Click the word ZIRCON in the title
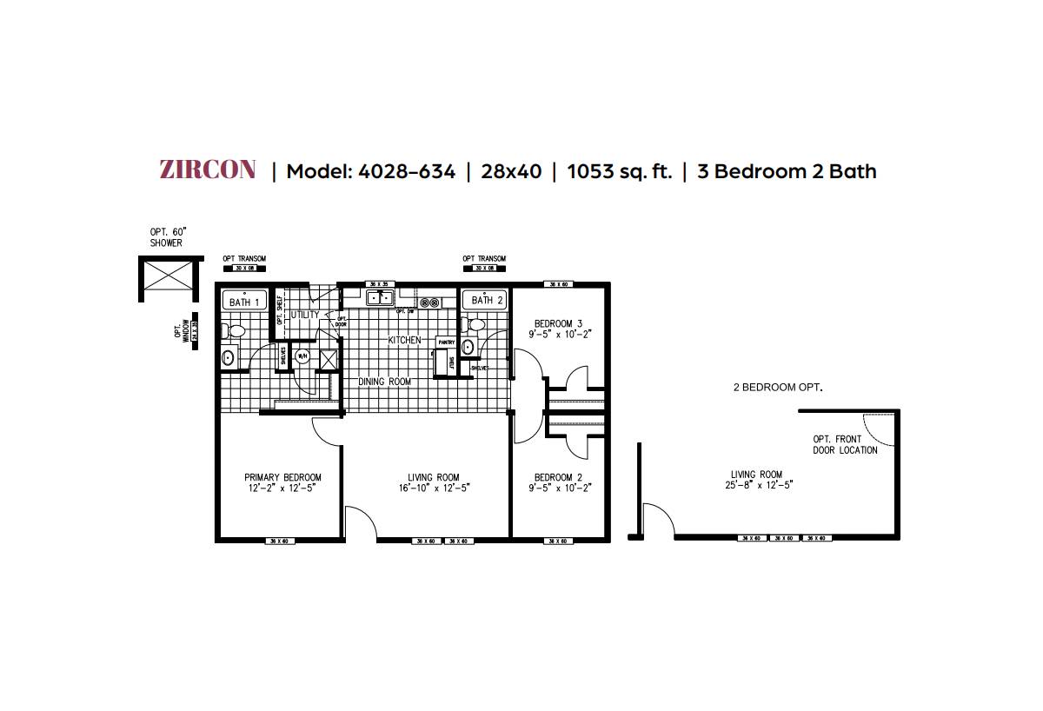point(208,170)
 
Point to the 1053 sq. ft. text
point(619,171)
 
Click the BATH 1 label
point(245,302)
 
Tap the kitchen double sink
point(379,298)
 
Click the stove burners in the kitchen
point(428,302)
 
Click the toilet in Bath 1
point(232,330)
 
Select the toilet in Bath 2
point(475,324)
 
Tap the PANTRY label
point(446,342)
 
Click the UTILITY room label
point(305,315)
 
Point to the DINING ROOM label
point(384,382)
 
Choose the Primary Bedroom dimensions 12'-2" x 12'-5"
point(282,488)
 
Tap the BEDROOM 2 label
point(557,477)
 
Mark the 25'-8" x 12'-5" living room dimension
point(755,486)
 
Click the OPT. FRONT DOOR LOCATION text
point(845,445)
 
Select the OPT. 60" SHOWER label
point(168,237)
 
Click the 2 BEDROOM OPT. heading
point(777,387)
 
